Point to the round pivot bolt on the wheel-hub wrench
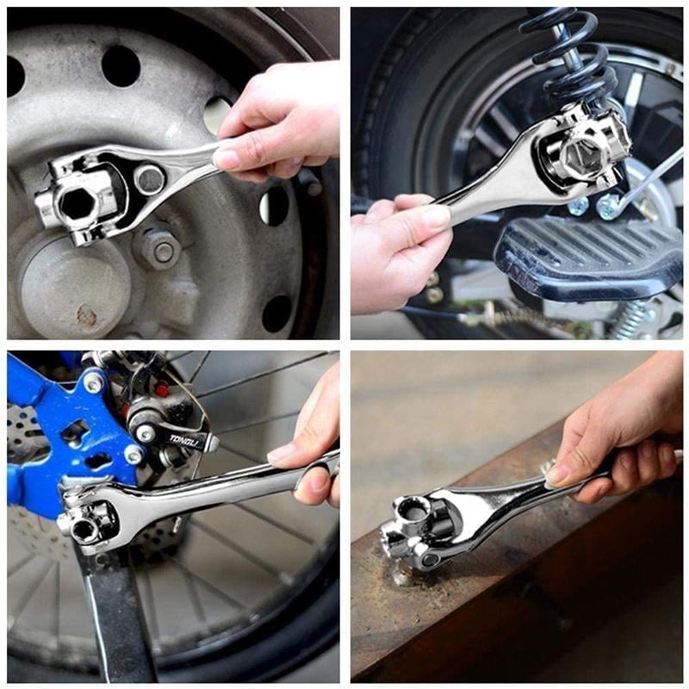(x=149, y=179)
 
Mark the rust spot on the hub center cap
(x=86, y=316)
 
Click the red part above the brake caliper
(x=160, y=388)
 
